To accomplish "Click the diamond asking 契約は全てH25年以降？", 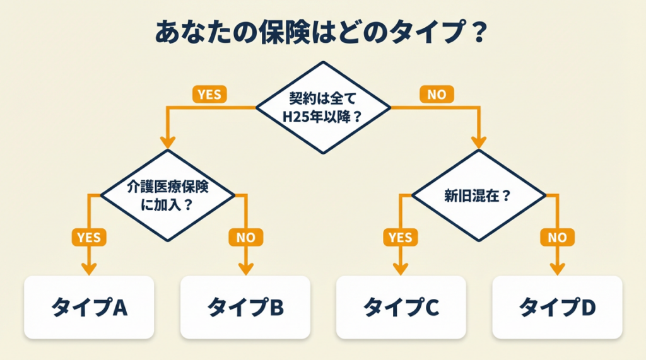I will [x=323, y=107].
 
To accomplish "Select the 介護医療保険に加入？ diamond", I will [x=168, y=195].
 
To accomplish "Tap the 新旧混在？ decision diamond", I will [x=479, y=195].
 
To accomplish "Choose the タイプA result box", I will [x=89, y=307].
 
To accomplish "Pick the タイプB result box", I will [x=245, y=307].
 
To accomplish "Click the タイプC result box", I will [x=401, y=307].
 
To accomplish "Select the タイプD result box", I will [x=557, y=307].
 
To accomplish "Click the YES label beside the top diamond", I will [x=209, y=95].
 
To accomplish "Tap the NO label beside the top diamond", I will [x=437, y=95].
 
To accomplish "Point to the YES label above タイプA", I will [x=89, y=237].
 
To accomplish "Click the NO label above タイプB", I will [x=245, y=237].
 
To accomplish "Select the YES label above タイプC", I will [x=401, y=237].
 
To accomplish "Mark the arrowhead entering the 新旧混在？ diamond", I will [x=479, y=142].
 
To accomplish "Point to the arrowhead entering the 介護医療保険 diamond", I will [x=168, y=142].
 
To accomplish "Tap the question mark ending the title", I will [x=478, y=33].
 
